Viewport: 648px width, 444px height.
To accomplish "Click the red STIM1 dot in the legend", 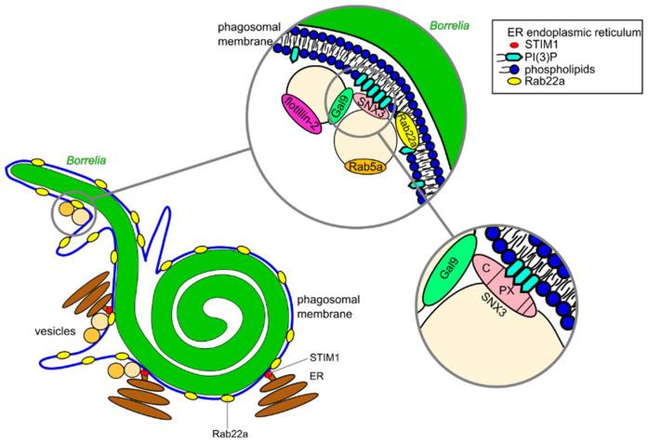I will [x=509, y=43].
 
